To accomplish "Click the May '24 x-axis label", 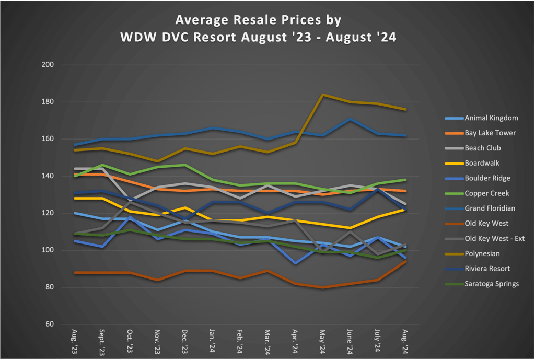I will (322, 343).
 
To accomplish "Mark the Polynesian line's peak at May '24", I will (323, 95).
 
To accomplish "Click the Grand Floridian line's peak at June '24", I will (351, 119).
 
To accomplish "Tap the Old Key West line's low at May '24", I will (323, 287).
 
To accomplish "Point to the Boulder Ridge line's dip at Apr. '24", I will (296, 263).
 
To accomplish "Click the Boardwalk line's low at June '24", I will (351, 228).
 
